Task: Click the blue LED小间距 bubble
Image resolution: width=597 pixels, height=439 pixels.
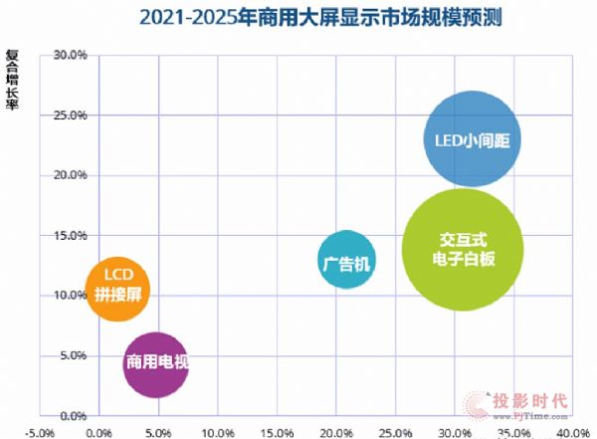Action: pyautogui.click(x=471, y=139)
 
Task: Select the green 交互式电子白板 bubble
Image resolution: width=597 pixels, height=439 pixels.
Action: pyautogui.click(x=461, y=249)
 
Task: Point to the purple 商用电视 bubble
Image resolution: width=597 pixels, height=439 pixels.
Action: pyautogui.click(x=154, y=364)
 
